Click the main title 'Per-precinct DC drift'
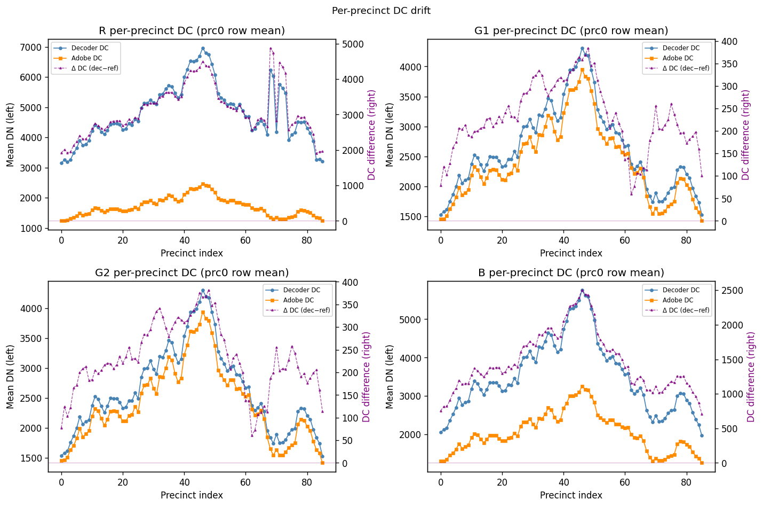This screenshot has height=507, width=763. (x=381, y=11)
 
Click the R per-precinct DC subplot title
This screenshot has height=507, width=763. (x=192, y=30)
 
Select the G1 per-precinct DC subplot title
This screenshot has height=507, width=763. (x=571, y=30)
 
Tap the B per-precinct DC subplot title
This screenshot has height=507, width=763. (x=571, y=272)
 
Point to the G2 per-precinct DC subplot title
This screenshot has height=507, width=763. (x=192, y=272)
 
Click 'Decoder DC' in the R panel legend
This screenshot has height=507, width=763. (x=90, y=48)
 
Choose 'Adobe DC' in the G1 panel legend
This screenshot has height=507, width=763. (x=678, y=58)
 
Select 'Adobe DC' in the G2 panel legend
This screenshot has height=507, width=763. (x=298, y=300)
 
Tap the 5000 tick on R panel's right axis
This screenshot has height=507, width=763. (x=352, y=44)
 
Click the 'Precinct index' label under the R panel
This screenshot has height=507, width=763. (x=192, y=253)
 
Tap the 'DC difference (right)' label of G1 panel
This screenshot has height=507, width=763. (x=745, y=135)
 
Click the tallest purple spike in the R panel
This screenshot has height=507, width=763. (x=271, y=49)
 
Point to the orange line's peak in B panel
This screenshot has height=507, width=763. (x=582, y=386)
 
